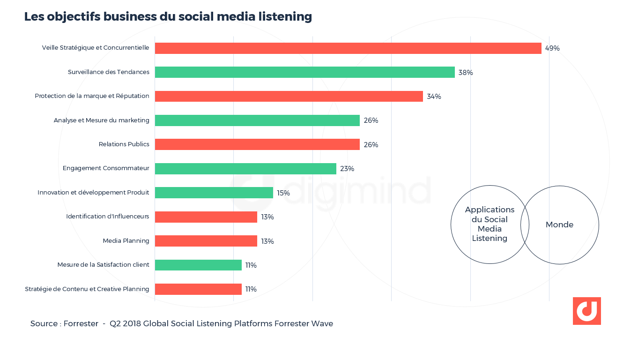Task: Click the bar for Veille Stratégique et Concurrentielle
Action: (x=348, y=48)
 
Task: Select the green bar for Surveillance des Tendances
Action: (x=304, y=72)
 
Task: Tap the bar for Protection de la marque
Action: (x=289, y=96)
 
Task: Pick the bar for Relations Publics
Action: (x=257, y=144)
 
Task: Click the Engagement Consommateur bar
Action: (x=245, y=169)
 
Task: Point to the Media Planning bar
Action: (x=206, y=241)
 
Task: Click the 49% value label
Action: (x=552, y=48)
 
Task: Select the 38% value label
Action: (x=466, y=73)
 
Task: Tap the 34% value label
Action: (x=434, y=97)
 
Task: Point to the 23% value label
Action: (x=347, y=169)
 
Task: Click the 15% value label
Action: (x=283, y=193)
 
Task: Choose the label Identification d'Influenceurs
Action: (x=108, y=217)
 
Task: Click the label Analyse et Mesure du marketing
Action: (x=102, y=120)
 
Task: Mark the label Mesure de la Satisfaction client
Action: (x=103, y=265)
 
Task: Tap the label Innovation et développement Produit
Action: (x=93, y=193)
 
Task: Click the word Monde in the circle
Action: (x=559, y=225)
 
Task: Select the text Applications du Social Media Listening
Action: (x=490, y=224)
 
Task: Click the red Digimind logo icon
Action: (x=586, y=311)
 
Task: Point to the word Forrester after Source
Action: (x=81, y=324)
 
